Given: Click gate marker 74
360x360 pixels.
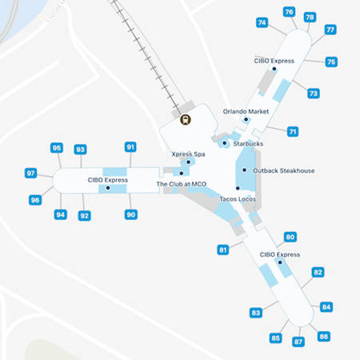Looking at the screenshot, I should pos(262,22).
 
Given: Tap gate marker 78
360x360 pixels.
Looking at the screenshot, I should pos(310,17).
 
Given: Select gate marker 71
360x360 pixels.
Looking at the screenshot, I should pos(293,131).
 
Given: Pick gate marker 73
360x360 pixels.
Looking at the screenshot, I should pos(314,94).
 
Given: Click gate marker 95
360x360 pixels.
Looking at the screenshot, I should pos(57,148).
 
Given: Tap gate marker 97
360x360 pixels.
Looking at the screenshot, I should pos(30,173).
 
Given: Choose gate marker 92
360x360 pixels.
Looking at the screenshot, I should pos(85,216).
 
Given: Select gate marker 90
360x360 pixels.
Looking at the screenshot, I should pos(131,214).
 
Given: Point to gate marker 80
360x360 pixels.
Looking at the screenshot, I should pos(290,237).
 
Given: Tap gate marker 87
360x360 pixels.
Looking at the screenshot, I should pos(298,342).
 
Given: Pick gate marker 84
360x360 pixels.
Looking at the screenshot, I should pos(326,306).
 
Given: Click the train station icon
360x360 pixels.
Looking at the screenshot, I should pos(186,121).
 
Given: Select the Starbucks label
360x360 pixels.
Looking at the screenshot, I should pos(248,144).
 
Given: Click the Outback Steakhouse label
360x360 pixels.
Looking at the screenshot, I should pos(283,170).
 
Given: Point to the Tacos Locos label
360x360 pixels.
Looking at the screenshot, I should pos(237,198).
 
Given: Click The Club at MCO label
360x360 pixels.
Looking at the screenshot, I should pos(181,184).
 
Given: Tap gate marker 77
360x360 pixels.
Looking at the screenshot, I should pos(330,30).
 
